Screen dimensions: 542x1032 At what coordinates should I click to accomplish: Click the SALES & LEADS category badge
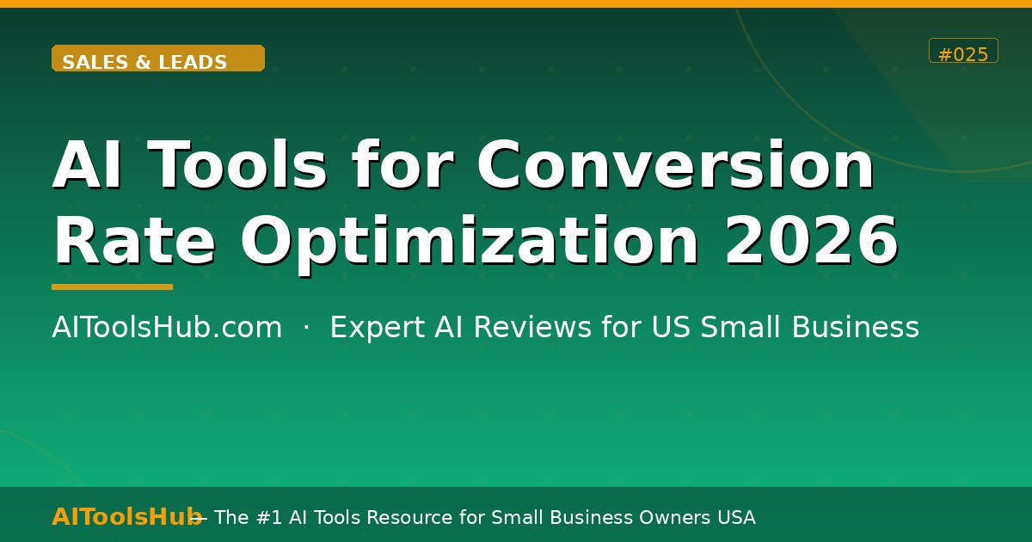click(x=158, y=59)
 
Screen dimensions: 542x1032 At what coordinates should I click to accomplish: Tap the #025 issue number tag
click(x=963, y=52)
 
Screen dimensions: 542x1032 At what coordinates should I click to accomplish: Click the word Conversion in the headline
click(x=676, y=165)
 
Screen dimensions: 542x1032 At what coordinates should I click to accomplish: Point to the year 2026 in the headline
click(x=811, y=241)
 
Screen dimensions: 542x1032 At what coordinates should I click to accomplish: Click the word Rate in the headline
click(x=134, y=241)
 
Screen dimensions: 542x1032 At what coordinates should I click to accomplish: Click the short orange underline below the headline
click(x=112, y=286)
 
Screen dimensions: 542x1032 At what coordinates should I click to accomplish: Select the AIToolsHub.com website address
click(x=167, y=328)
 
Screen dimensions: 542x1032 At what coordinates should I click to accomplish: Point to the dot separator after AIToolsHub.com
click(x=306, y=328)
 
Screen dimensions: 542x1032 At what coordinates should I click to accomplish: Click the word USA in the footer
click(x=735, y=517)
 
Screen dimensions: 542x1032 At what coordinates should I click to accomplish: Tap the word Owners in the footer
click(x=673, y=517)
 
